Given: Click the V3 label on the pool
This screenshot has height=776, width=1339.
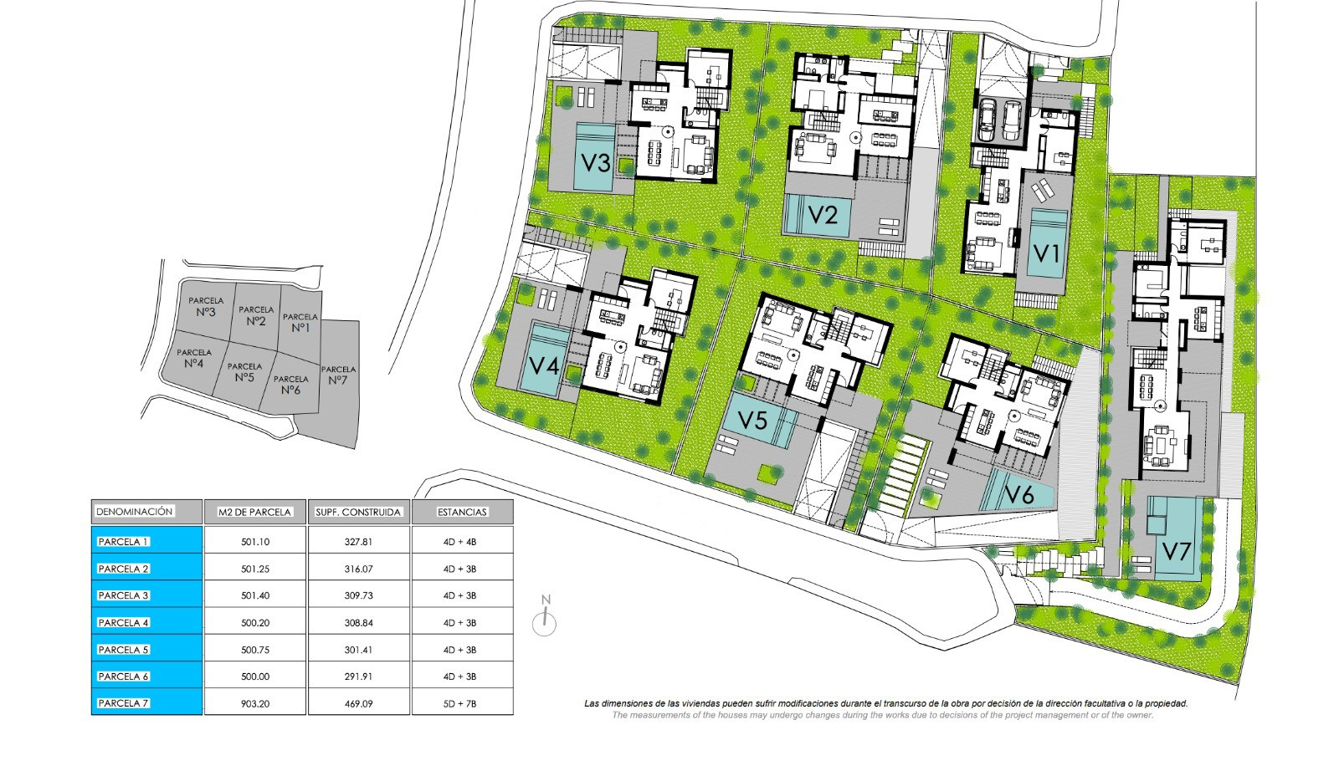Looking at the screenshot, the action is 596,162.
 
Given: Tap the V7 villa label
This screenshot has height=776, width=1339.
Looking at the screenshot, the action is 1177,551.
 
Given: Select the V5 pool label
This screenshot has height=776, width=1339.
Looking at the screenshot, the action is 752,420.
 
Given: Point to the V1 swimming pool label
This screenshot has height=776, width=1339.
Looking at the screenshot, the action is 1047,254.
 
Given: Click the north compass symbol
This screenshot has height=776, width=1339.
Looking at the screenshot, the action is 545,617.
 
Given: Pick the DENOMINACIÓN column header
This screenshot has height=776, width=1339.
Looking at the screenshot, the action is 135,512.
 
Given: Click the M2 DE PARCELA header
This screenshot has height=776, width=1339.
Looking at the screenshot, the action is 254,512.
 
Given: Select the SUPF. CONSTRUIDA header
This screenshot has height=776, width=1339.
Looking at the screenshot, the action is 358,512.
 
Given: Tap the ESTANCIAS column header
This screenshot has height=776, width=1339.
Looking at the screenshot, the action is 462,512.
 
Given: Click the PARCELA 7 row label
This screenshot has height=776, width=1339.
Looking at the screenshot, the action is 123,703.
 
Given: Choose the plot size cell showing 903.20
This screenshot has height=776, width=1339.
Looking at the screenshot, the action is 255,704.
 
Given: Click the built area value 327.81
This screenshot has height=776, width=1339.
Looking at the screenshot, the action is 359,542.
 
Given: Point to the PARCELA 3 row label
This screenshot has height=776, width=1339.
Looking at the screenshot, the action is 123,595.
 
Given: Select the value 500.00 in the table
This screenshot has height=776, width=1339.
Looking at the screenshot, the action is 255,676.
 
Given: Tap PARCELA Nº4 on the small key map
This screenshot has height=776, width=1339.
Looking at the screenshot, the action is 193,359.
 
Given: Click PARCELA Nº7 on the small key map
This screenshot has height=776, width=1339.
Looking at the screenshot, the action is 338,375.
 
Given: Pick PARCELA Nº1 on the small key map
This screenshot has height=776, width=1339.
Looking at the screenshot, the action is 300,323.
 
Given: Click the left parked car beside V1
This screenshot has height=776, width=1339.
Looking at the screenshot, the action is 987,119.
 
